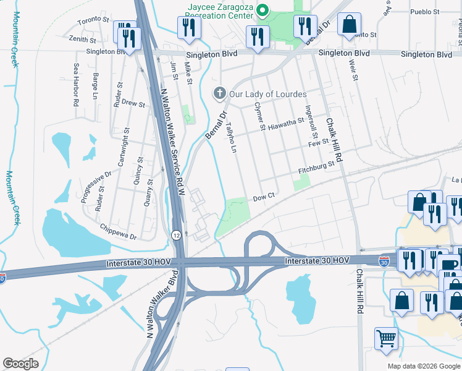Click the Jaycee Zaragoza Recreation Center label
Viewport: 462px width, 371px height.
pos(220,10)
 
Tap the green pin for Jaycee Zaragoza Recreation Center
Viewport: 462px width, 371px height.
pos(262,10)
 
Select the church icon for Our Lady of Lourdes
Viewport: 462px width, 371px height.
pos(219,94)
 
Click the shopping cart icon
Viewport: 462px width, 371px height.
pos(386,338)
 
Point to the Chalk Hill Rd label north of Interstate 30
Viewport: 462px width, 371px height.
pos(336,134)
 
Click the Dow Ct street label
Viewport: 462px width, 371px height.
pos(263,198)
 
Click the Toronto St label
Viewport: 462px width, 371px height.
pos(93,21)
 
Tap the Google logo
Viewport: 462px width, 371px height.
pos(20,364)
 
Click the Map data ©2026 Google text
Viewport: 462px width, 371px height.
pos(423,366)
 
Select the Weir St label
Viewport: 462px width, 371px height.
pos(355,69)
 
